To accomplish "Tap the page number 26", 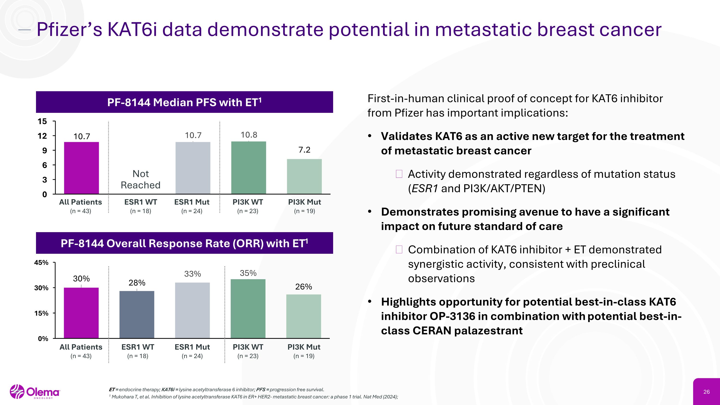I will [x=706, y=392].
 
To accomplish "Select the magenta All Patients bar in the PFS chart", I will [x=81, y=168].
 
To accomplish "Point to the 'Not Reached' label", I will [x=141, y=179].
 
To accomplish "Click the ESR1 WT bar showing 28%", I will [x=137, y=314].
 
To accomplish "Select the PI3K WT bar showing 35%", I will [x=248, y=308].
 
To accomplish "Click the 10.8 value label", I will [x=249, y=135].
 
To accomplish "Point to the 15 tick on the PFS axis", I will [x=42, y=121].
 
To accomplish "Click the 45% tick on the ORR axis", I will [x=41, y=262].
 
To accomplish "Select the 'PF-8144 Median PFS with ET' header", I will [x=185, y=102].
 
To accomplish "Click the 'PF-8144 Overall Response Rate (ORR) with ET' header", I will [x=185, y=243].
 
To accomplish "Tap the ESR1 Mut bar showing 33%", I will [x=192, y=310].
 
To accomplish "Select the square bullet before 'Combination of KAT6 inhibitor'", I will [x=399, y=249].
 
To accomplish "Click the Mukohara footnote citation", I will [x=254, y=397].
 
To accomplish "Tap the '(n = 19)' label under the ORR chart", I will [x=304, y=356].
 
